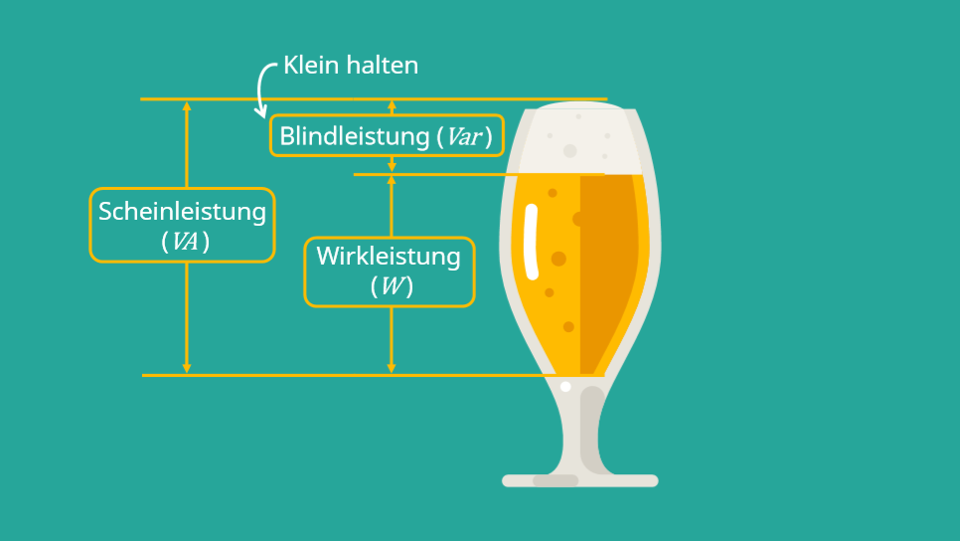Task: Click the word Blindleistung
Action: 354,136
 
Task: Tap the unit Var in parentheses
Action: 464,136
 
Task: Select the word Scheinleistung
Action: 182,211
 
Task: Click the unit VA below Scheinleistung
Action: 184,241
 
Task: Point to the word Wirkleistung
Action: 389,257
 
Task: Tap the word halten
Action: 383,66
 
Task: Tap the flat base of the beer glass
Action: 579,480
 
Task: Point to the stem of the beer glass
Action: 580,428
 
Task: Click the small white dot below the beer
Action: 565,386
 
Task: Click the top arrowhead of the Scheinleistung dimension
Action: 186,106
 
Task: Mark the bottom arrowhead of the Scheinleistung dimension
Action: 186,368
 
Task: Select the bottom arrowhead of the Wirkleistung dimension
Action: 392,368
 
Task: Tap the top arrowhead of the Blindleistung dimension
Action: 392,105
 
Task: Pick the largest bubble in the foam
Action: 569,151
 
